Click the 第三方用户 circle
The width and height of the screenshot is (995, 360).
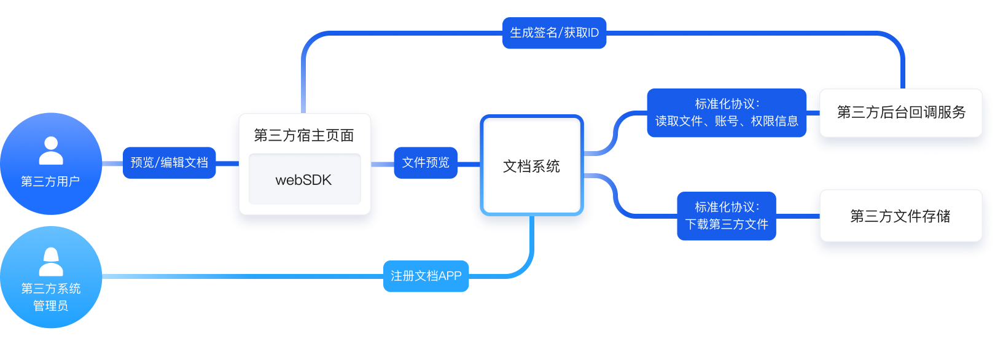click(51, 164)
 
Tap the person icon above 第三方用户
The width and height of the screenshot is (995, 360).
click(51, 151)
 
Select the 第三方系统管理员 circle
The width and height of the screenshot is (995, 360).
click(51, 277)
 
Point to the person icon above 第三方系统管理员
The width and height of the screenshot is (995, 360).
click(51, 262)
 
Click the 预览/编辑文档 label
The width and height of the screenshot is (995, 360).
click(169, 163)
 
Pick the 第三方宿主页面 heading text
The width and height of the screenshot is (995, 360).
click(304, 135)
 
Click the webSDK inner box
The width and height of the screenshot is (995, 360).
click(304, 179)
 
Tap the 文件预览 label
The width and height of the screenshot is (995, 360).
click(426, 163)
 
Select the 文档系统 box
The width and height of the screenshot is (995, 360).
click(532, 165)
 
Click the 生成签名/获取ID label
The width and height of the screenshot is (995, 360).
click(554, 33)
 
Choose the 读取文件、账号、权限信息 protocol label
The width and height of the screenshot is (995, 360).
click(727, 112)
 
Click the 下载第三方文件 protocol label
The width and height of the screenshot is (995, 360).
click(727, 216)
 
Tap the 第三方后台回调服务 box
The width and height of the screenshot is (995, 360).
click(901, 112)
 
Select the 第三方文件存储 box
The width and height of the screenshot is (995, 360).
click(900, 216)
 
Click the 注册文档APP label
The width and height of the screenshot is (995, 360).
click(426, 276)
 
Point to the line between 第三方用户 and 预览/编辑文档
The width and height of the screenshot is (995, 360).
click(112, 163)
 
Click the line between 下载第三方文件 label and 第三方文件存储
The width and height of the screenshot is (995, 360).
click(798, 216)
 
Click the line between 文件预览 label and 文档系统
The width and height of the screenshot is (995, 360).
click(469, 164)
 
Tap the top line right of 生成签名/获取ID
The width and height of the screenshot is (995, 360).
click(737, 33)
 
